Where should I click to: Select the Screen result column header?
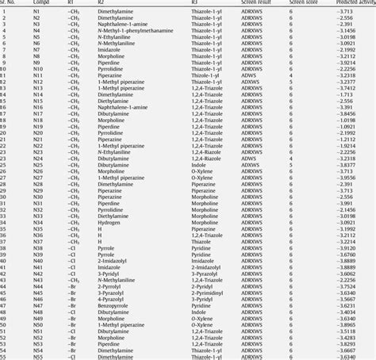[256, 3]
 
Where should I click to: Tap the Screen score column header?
[300, 3]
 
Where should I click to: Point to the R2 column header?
[100, 3]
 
